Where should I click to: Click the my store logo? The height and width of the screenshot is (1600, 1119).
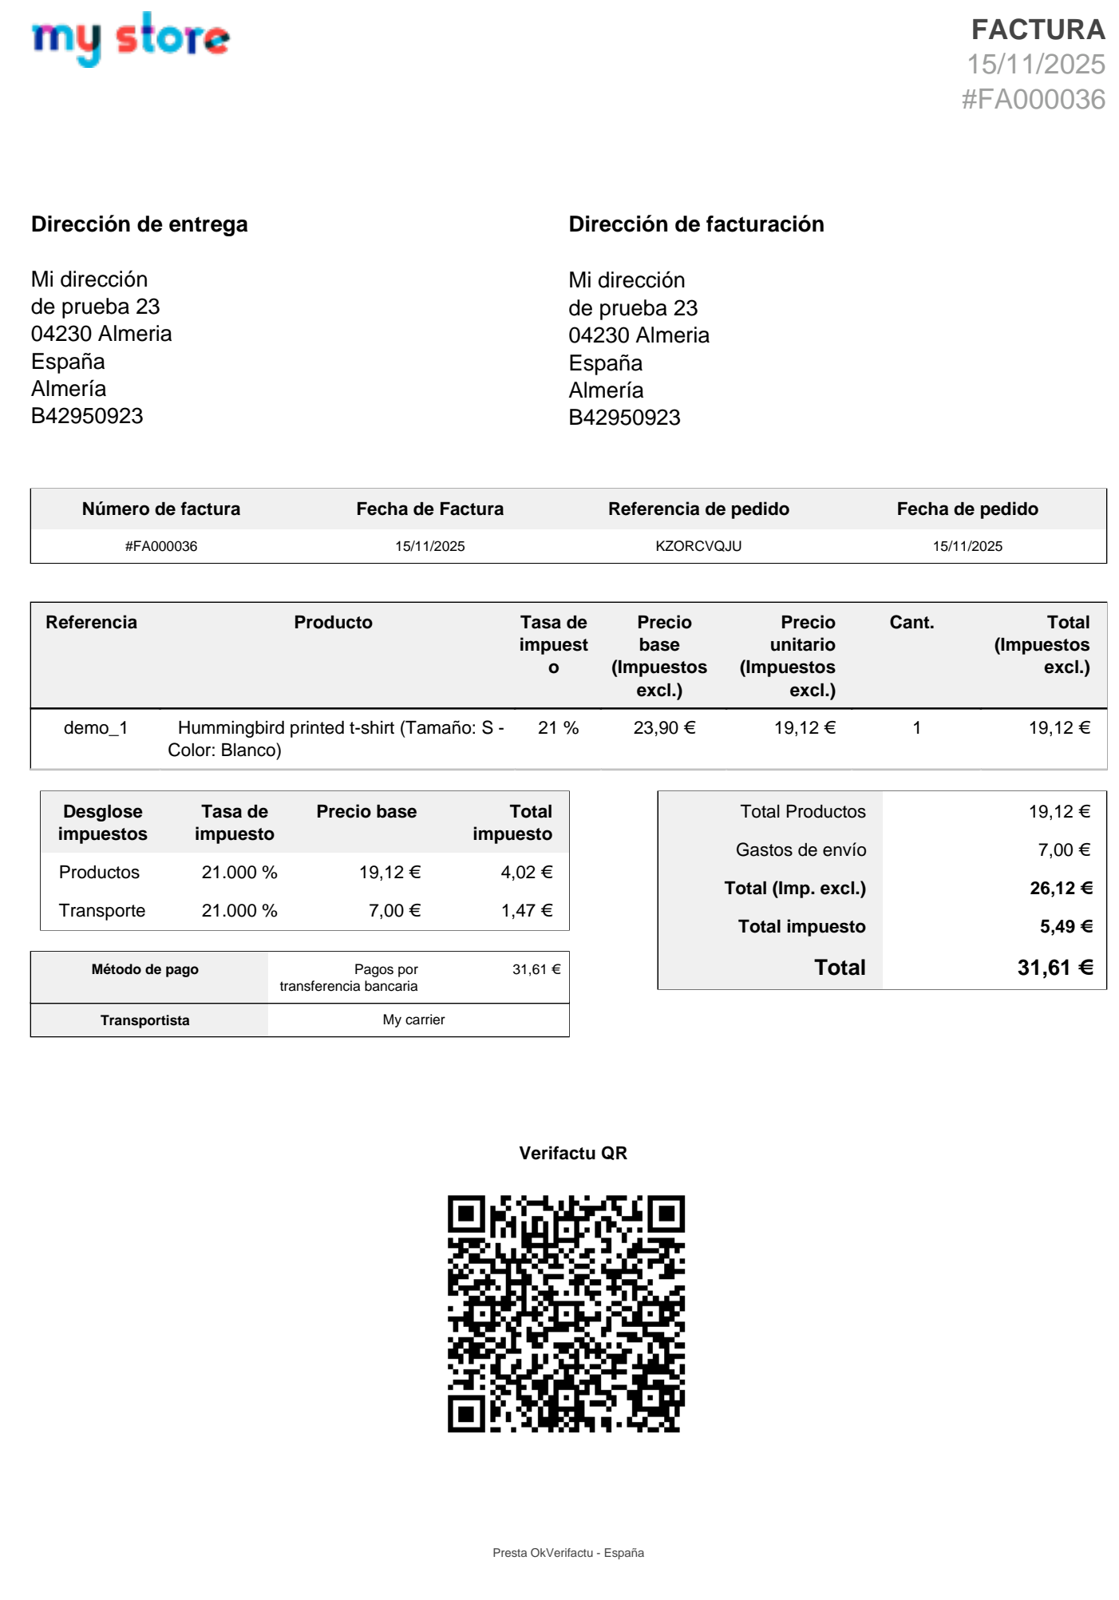(x=130, y=38)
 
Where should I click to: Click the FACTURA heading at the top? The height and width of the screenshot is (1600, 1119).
(x=1037, y=30)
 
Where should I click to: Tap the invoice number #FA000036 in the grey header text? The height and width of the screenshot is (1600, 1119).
(x=1033, y=100)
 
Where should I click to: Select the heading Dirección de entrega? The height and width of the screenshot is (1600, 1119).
(x=140, y=224)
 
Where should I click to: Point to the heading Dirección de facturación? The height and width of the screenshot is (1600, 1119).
(x=696, y=224)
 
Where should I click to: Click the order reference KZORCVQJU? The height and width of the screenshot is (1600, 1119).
(x=698, y=546)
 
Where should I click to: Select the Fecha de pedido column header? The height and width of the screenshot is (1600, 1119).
(x=967, y=509)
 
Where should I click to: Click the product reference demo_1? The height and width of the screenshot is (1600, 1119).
(x=96, y=728)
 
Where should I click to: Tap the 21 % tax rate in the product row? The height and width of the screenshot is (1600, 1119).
(x=558, y=728)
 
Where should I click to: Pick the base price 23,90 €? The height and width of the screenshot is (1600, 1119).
(x=664, y=728)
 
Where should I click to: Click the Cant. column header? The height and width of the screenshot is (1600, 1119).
(x=911, y=623)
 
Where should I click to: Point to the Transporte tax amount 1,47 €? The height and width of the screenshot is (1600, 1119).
(x=527, y=911)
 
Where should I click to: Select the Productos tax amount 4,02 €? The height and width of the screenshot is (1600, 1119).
(x=527, y=873)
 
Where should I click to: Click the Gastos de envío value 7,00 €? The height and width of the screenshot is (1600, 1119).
(x=1064, y=850)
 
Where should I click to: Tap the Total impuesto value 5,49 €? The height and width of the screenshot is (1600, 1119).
(x=1066, y=927)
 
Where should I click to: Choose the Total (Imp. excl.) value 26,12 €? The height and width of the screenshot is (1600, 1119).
(x=1061, y=889)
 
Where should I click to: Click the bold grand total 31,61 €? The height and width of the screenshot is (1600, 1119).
(x=1054, y=968)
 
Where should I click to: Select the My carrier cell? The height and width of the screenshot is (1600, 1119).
(x=413, y=1020)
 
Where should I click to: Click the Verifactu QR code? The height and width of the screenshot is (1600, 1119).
(x=566, y=1314)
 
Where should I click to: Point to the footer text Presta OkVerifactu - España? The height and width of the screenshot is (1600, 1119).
(x=567, y=1553)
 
